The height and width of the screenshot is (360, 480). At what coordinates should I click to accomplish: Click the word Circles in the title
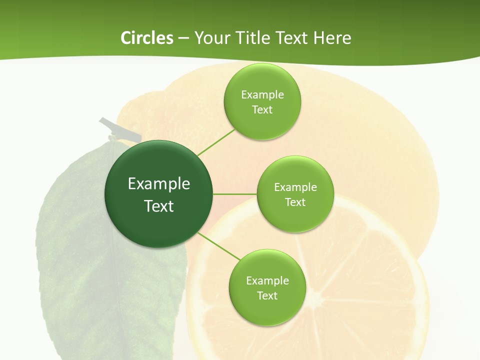(x=147, y=38)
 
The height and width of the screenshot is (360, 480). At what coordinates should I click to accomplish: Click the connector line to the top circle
(x=216, y=142)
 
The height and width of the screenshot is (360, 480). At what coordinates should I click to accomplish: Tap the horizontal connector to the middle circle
(x=234, y=194)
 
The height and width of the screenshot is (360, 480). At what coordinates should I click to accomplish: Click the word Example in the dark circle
(x=158, y=184)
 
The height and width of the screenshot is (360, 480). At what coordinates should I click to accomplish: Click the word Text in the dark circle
(x=158, y=206)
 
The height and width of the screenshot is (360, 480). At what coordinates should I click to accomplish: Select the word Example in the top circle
(x=262, y=95)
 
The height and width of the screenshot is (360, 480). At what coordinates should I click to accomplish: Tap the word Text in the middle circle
(x=295, y=202)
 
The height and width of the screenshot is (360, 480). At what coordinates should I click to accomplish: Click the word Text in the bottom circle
(x=267, y=295)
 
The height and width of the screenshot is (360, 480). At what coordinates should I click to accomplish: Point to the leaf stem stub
(x=120, y=129)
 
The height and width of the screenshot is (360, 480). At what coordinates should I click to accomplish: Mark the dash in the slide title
(x=183, y=38)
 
